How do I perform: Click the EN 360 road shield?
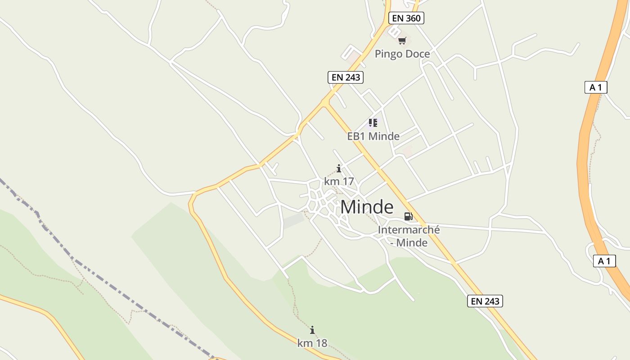(406, 18)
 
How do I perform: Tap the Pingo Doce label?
(402, 54)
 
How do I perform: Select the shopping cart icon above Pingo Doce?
(402, 41)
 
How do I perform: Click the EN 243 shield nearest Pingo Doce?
(346, 77)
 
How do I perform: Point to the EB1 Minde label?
(373, 136)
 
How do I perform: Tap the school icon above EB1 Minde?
(373, 122)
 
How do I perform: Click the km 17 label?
(339, 181)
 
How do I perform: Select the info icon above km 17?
(339, 169)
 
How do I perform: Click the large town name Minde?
(367, 207)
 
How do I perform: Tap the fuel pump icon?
(408, 216)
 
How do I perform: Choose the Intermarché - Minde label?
(409, 236)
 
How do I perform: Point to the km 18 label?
(312, 343)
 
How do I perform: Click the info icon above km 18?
(312, 330)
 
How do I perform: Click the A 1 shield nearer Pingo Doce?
(596, 87)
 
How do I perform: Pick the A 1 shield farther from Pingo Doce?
(604, 261)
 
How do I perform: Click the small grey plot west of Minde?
(293, 220)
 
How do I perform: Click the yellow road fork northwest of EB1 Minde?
(324, 103)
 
